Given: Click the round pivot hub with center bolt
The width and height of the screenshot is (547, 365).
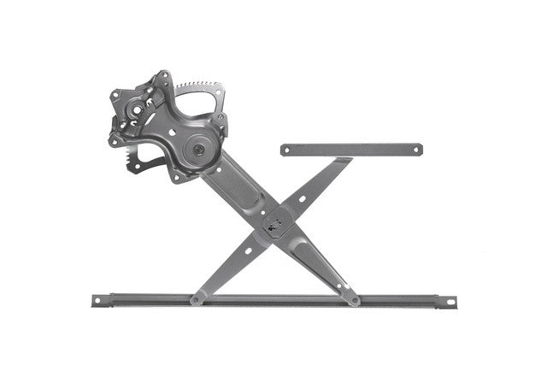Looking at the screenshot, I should pos(197,150).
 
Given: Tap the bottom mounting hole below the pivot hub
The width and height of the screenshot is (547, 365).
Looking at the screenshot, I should pos(177,178).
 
